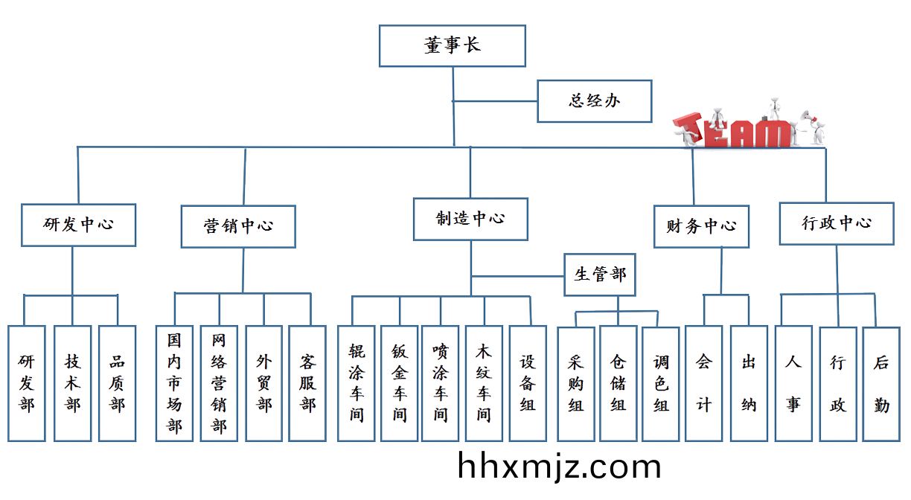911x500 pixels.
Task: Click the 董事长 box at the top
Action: point(452,45)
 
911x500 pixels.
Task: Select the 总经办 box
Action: point(594,101)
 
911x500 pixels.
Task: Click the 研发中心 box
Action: point(78,225)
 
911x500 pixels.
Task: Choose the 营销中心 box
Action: point(238,227)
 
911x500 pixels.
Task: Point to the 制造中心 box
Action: point(470,219)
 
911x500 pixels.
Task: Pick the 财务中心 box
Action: point(701,226)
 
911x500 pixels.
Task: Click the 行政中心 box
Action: point(837,223)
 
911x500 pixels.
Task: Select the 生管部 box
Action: point(600,275)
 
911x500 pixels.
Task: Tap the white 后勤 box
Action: point(882,384)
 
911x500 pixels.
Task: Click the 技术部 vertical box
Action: point(72,384)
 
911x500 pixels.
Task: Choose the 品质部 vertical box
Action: point(117,384)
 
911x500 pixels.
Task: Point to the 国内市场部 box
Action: point(174,384)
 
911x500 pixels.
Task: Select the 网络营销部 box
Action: point(219,384)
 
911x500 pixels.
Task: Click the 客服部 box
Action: point(307,384)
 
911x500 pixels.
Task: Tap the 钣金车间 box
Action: point(399,384)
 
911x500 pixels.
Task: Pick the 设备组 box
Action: point(528,384)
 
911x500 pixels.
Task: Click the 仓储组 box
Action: point(618,384)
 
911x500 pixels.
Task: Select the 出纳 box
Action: point(748,384)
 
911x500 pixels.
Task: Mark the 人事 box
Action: point(793,384)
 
